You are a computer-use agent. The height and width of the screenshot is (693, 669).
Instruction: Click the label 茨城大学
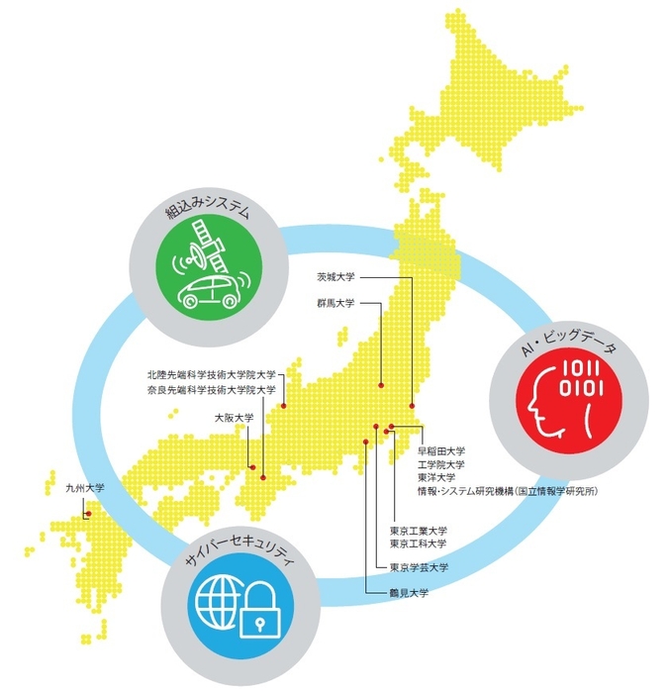(x=335, y=278)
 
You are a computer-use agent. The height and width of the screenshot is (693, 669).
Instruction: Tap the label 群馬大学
(x=335, y=304)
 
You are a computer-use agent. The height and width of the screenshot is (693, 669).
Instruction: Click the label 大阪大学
(x=234, y=419)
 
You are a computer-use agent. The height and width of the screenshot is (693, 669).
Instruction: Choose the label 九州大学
(x=84, y=488)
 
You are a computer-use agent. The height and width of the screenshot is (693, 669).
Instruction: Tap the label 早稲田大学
(x=441, y=451)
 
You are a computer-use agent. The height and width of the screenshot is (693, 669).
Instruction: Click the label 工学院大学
(x=441, y=464)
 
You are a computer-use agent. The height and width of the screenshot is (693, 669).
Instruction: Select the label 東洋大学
(x=435, y=477)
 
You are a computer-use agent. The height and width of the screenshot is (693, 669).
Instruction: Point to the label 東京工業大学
(x=420, y=530)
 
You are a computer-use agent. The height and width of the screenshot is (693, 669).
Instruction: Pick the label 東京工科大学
(x=420, y=544)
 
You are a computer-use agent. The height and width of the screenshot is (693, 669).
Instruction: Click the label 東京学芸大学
(x=420, y=567)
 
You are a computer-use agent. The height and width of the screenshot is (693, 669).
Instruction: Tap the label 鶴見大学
(x=409, y=591)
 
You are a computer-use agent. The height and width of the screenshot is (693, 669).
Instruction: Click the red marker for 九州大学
(x=88, y=514)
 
